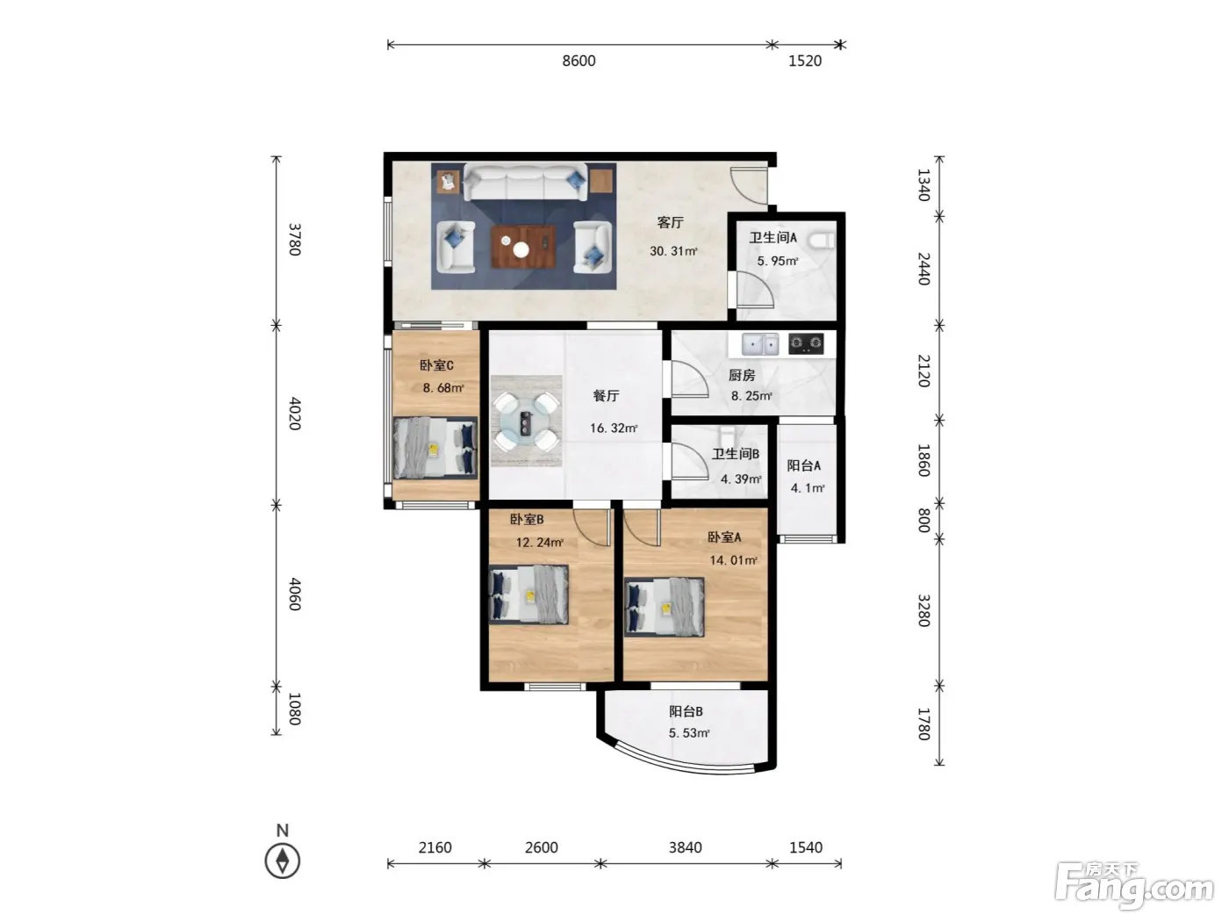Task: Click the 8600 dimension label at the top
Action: (x=579, y=61)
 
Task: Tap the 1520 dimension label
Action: (x=805, y=61)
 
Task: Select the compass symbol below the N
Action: (x=282, y=861)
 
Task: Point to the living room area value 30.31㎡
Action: (x=673, y=251)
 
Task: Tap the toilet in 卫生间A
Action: (x=822, y=240)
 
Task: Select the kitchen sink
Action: (x=760, y=344)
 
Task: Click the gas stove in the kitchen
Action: (x=806, y=343)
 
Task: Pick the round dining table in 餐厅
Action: (x=526, y=421)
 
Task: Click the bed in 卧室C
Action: (x=435, y=448)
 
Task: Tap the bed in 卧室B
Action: (x=528, y=594)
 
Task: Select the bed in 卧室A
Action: (x=664, y=608)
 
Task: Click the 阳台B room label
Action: (x=686, y=711)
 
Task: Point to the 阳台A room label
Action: (x=803, y=465)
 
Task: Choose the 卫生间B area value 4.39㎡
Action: (x=740, y=479)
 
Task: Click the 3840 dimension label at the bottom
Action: (x=685, y=847)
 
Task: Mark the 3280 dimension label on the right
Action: (x=924, y=610)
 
